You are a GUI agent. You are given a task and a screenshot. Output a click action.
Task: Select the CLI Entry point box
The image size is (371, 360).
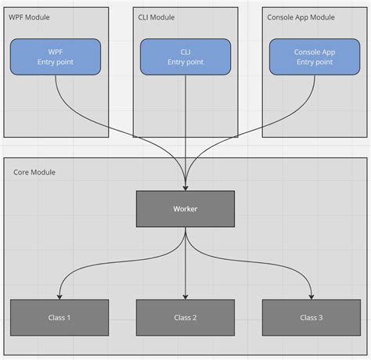pyautogui.click(x=185, y=57)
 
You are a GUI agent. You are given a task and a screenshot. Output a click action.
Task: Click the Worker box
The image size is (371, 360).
pyautogui.click(x=185, y=209)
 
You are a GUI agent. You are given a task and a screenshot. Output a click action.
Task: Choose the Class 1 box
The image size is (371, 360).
pyautogui.click(x=59, y=317)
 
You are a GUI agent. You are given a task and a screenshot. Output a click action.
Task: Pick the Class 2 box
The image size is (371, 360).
pyautogui.click(x=185, y=317)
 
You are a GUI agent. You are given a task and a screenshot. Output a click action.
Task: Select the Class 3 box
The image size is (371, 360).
pyautogui.click(x=312, y=317)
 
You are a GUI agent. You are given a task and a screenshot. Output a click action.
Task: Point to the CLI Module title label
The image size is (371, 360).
pyautogui.click(x=157, y=17)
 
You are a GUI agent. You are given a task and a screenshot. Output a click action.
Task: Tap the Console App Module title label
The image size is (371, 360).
pyautogui.click(x=301, y=17)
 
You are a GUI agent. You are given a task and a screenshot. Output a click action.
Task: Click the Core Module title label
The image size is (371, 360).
pyautogui.click(x=34, y=171)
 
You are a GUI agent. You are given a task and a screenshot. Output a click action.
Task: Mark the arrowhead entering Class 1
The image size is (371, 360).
pyautogui.click(x=59, y=296)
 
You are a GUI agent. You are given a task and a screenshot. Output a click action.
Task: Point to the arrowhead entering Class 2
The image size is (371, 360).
pyautogui.click(x=185, y=296)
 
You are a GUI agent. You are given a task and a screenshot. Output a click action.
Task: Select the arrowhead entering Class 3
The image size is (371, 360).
pyautogui.click(x=312, y=296)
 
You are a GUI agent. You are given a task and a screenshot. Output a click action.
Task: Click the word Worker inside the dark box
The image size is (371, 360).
pyautogui.click(x=185, y=209)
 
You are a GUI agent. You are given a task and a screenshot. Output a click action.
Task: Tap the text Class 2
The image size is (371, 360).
pyautogui.click(x=185, y=317)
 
